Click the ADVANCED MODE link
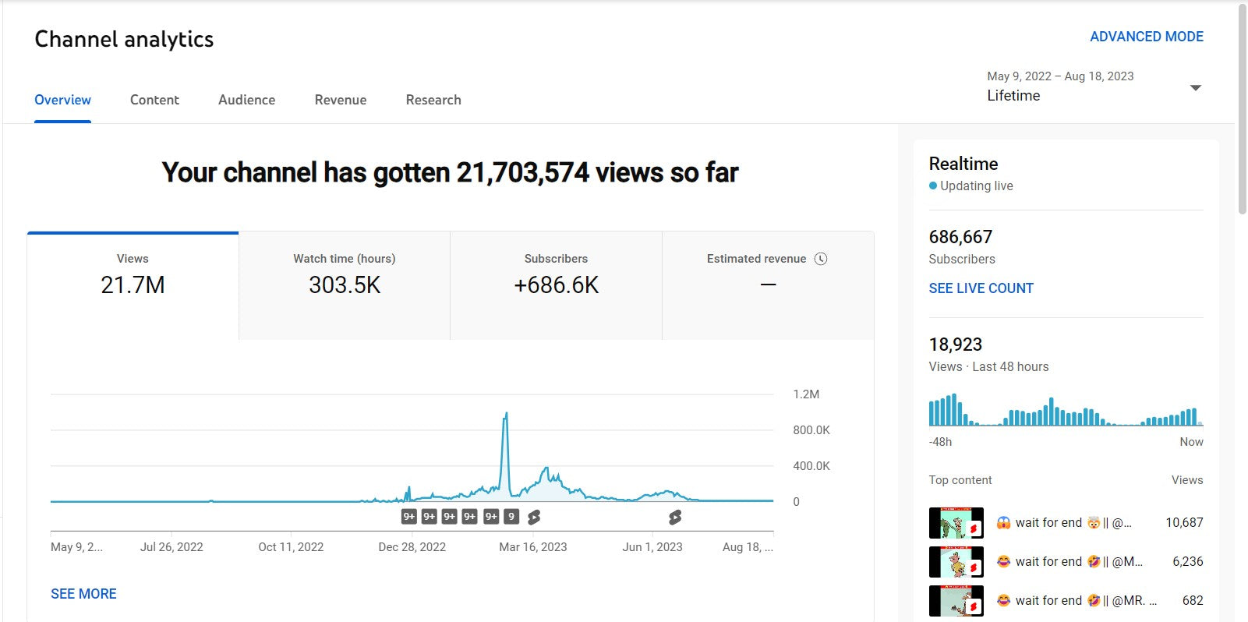pyautogui.click(x=1146, y=37)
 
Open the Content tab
pyautogui.click(x=154, y=100)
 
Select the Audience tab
pyautogui.click(x=246, y=100)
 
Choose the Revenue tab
pyautogui.click(x=341, y=100)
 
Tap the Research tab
pyautogui.click(x=433, y=100)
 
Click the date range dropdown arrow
pyautogui.click(x=1195, y=87)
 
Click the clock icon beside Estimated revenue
pyautogui.click(x=821, y=259)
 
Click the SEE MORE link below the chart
pyautogui.click(x=83, y=594)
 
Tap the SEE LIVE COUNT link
pyautogui.click(x=981, y=288)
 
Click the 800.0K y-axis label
pyautogui.click(x=811, y=430)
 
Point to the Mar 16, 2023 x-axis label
pyautogui.click(x=533, y=547)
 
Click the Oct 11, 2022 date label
pyautogui.click(x=291, y=547)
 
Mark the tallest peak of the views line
pyautogui.click(x=507, y=413)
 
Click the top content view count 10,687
pyautogui.click(x=1184, y=522)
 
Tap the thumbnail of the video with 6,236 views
pyautogui.click(x=956, y=562)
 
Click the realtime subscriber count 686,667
pyautogui.click(x=960, y=237)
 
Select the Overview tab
pyautogui.click(x=62, y=100)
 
